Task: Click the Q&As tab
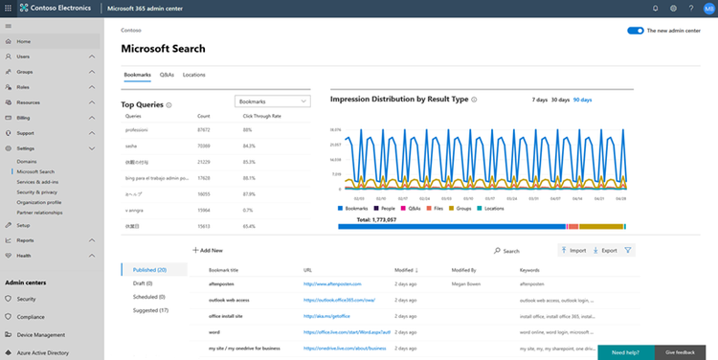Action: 167,74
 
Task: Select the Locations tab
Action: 193,74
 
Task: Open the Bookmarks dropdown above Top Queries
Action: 273,101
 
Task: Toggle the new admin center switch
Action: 636,31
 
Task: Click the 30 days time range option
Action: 560,100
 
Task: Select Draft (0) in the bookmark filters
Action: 146,283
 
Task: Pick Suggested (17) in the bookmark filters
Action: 150,310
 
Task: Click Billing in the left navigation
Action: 24,118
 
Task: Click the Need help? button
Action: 625,352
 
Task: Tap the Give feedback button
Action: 681,352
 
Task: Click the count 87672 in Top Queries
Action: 204,129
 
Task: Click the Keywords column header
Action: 529,271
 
